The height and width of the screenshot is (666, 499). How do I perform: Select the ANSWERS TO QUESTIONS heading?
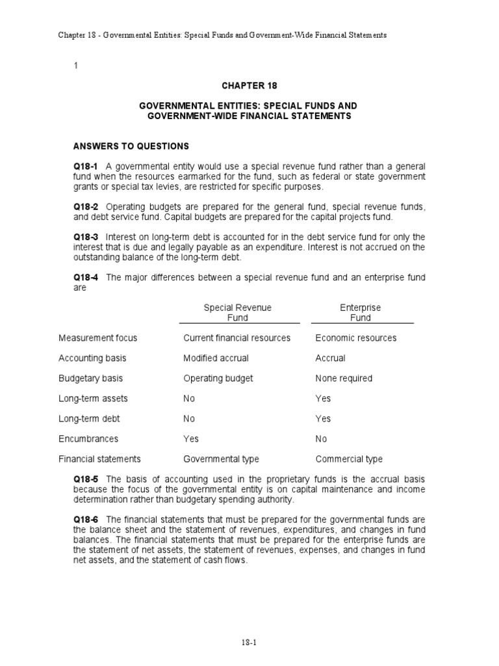tap(131, 146)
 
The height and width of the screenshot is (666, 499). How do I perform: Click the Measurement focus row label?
tap(97, 338)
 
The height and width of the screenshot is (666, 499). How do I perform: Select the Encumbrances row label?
tap(88, 439)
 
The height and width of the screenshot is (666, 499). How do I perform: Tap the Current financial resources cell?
tap(237, 338)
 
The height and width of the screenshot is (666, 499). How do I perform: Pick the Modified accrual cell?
tap(216, 358)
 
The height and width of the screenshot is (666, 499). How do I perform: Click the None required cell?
tap(344, 379)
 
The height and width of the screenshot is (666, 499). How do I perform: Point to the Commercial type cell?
tap(349, 459)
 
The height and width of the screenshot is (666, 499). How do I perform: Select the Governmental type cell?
tap(221, 459)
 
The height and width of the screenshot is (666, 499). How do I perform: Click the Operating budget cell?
tap(218, 379)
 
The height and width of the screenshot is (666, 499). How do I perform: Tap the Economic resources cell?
tap(355, 338)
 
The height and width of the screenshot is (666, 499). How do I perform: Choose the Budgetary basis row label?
tap(90, 379)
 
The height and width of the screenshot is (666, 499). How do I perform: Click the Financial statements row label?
tap(99, 459)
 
